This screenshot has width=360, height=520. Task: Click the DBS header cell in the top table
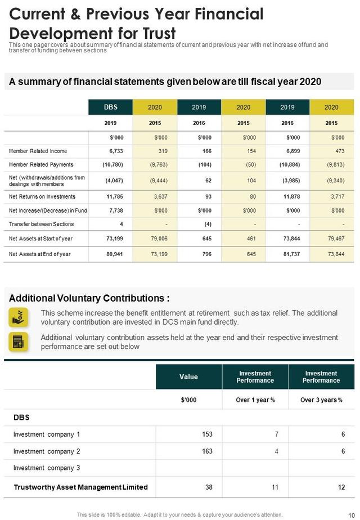pyautogui.click(x=111, y=107)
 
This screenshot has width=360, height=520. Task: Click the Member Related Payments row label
pyautogui.click(x=41, y=165)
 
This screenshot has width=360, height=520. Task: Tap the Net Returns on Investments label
pyautogui.click(x=42, y=197)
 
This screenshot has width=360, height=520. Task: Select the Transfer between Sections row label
pyautogui.click(x=41, y=224)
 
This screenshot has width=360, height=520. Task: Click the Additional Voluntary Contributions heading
pyautogui.click(x=89, y=298)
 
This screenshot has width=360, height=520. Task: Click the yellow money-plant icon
pyautogui.click(x=19, y=317)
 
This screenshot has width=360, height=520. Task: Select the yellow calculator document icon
pyautogui.click(x=19, y=342)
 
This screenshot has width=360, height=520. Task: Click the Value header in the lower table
pyautogui.click(x=188, y=376)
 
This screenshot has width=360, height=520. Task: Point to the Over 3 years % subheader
pyautogui.click(x=321, y=400)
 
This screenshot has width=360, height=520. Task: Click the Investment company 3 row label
pyautogui.click(x=47, y=468)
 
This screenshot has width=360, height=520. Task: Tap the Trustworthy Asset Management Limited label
pyautogui.click(x=80, y=487)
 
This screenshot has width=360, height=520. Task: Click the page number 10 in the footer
pyautogui.click(x=352, y=515)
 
